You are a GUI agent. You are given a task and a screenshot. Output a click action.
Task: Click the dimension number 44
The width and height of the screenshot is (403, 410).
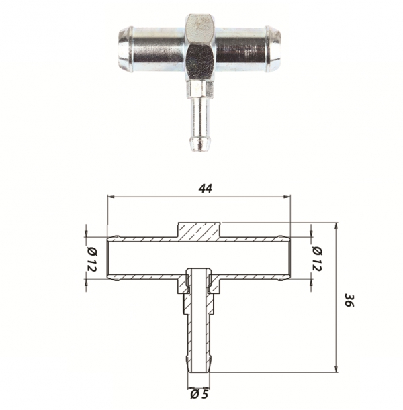tap(206, 189)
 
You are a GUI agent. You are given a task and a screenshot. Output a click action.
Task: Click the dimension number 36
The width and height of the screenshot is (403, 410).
tap(349, 300)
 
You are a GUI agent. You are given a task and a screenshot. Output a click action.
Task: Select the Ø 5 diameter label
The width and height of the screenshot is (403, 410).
tap(199, 395)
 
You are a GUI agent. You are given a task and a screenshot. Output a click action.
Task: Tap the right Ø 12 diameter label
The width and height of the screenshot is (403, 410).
tap(317, 258)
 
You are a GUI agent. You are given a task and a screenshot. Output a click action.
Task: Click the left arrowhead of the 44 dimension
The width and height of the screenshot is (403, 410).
tap(111, 196)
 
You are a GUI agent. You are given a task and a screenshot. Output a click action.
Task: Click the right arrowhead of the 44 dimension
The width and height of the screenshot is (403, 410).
tap(287, 196)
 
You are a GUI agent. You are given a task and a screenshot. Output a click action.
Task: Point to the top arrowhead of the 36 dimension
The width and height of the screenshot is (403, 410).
tap(337, 226)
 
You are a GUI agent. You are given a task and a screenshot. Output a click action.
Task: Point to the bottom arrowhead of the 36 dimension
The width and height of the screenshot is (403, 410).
tap(337, 368)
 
